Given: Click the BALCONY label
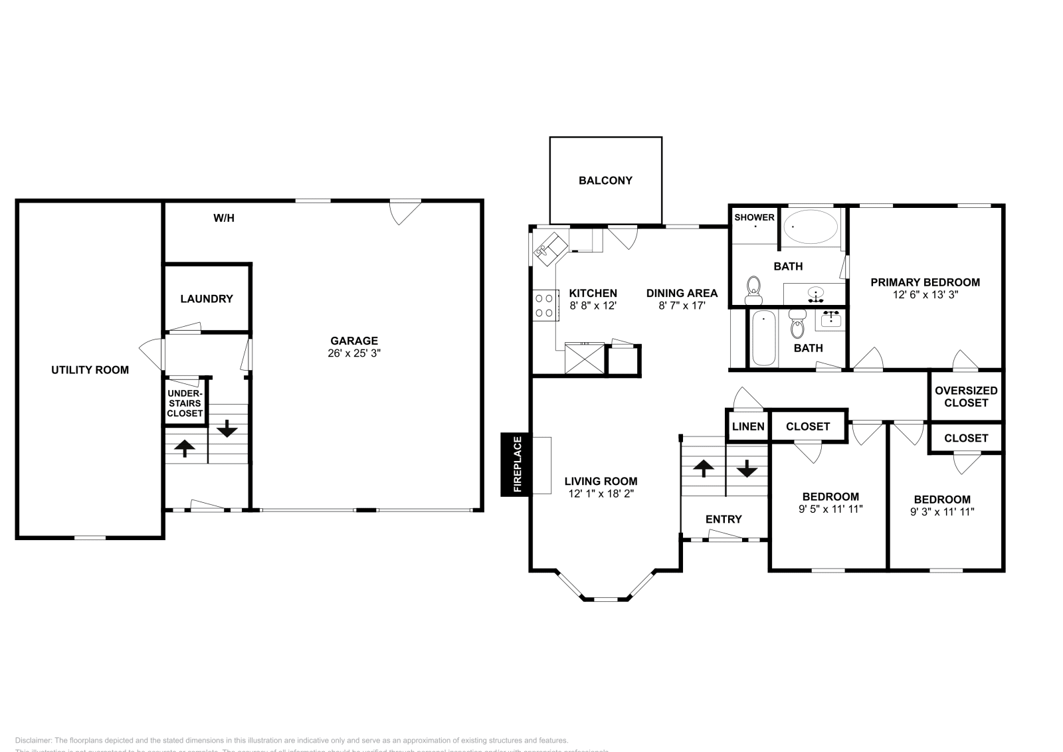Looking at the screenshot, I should point(605,180).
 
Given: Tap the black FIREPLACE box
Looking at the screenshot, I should point(515,464).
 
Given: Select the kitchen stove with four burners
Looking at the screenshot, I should point(545,306).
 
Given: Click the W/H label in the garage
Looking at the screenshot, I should point(224,218).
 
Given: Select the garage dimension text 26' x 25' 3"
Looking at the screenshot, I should point(354,353).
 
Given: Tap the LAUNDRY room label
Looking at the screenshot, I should point(207,299).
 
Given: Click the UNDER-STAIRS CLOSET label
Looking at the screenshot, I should point(185,403).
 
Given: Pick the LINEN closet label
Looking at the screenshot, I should point(748,426).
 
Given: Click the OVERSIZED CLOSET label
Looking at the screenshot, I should point(966,397).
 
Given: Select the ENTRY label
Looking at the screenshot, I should point(724,519).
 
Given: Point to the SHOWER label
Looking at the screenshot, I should point(754,217).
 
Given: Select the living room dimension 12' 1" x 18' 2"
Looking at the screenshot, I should point(601,494).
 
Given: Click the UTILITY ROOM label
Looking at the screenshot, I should point(90,370).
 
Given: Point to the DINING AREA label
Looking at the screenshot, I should point(682,293).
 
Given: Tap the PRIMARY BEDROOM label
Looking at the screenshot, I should point(925,282).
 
